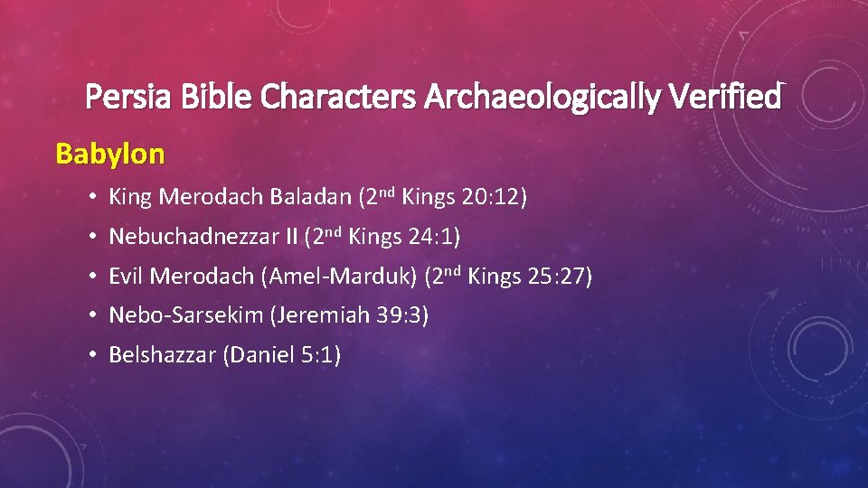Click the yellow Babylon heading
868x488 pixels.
[x=110, y=154]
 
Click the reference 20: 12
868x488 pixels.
[x=493, y=197]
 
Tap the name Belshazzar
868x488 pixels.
[x=159, y=355]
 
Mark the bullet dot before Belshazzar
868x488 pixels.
[x=94, y=355]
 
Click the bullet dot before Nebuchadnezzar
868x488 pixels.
[x=94, y=238]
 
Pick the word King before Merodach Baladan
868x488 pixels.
[x=128, y=197]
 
